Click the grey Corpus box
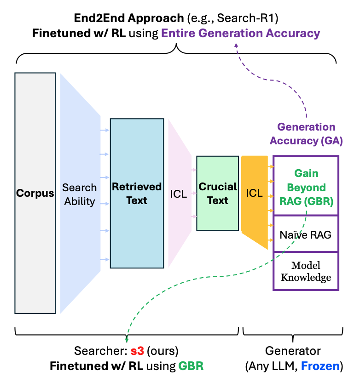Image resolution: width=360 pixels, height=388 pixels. coord(35,193)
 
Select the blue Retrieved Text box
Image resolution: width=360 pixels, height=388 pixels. coord(137,194)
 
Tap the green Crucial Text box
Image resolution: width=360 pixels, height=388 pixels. coord(217,194)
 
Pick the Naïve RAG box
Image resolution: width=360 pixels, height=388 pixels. coord(306,234)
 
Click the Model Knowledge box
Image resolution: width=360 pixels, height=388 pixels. coord(306,271)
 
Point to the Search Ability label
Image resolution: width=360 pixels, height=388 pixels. coord(80,194)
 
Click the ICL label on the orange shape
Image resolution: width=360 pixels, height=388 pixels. coord(254,194)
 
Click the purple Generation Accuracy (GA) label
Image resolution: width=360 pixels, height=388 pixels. coord(306,134)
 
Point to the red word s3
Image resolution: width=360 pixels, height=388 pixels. coord(137,351)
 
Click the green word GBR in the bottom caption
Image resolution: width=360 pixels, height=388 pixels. coord(191,366)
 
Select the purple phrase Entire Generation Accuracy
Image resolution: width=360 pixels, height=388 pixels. coord(240,33)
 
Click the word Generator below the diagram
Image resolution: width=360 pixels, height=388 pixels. coord(293,351)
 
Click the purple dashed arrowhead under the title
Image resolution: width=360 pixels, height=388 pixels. coord(237,45)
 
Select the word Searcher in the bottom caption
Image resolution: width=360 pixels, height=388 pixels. coord(96,351)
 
